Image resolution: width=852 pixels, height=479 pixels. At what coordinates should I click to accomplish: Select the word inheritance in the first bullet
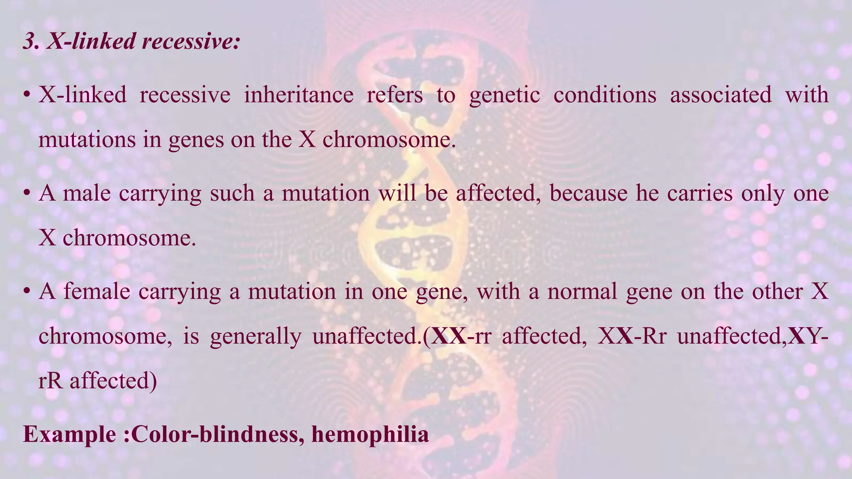(298, 95)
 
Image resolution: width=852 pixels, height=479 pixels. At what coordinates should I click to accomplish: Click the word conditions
(604, 95)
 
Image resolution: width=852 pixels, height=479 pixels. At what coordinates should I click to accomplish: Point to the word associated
(720, 95)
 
